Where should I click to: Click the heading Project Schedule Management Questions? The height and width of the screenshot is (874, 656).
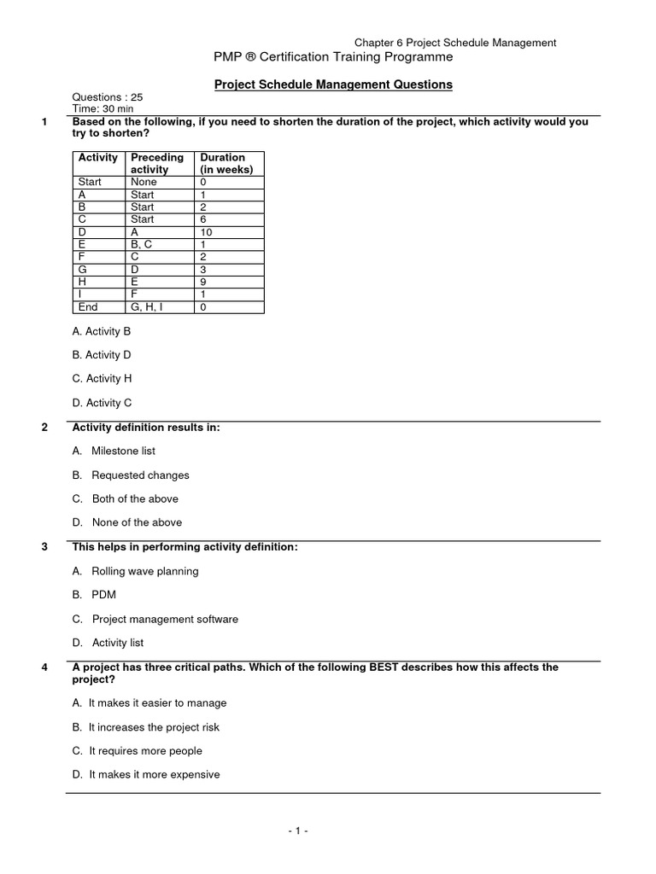pos(332,84)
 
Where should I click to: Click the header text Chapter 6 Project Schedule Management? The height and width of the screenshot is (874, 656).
pos(455,42)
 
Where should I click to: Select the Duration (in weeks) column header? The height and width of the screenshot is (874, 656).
pos(226,163)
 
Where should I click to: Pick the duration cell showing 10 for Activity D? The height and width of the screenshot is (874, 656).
pos(206,232)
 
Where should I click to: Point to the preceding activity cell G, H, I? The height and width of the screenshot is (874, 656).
pos(149,307)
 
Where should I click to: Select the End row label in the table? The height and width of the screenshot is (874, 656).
pos(88,307)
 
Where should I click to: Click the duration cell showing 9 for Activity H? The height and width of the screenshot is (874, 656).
pos(203,283)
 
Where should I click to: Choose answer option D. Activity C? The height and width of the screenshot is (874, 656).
pos(102,403)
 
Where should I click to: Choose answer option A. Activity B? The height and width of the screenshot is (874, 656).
pos(102,330)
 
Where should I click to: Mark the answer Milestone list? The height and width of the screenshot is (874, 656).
pos(123,451)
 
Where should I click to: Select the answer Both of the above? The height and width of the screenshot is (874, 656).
pos(135,498)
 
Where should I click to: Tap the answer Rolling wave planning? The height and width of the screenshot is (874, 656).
pos(144,571)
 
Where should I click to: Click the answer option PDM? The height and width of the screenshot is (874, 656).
pos(103,595)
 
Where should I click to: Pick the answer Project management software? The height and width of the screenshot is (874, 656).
pos(165,619)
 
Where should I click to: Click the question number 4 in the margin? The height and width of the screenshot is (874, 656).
pos(44,667)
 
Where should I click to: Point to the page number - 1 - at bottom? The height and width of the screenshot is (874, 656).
pos(296,830)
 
